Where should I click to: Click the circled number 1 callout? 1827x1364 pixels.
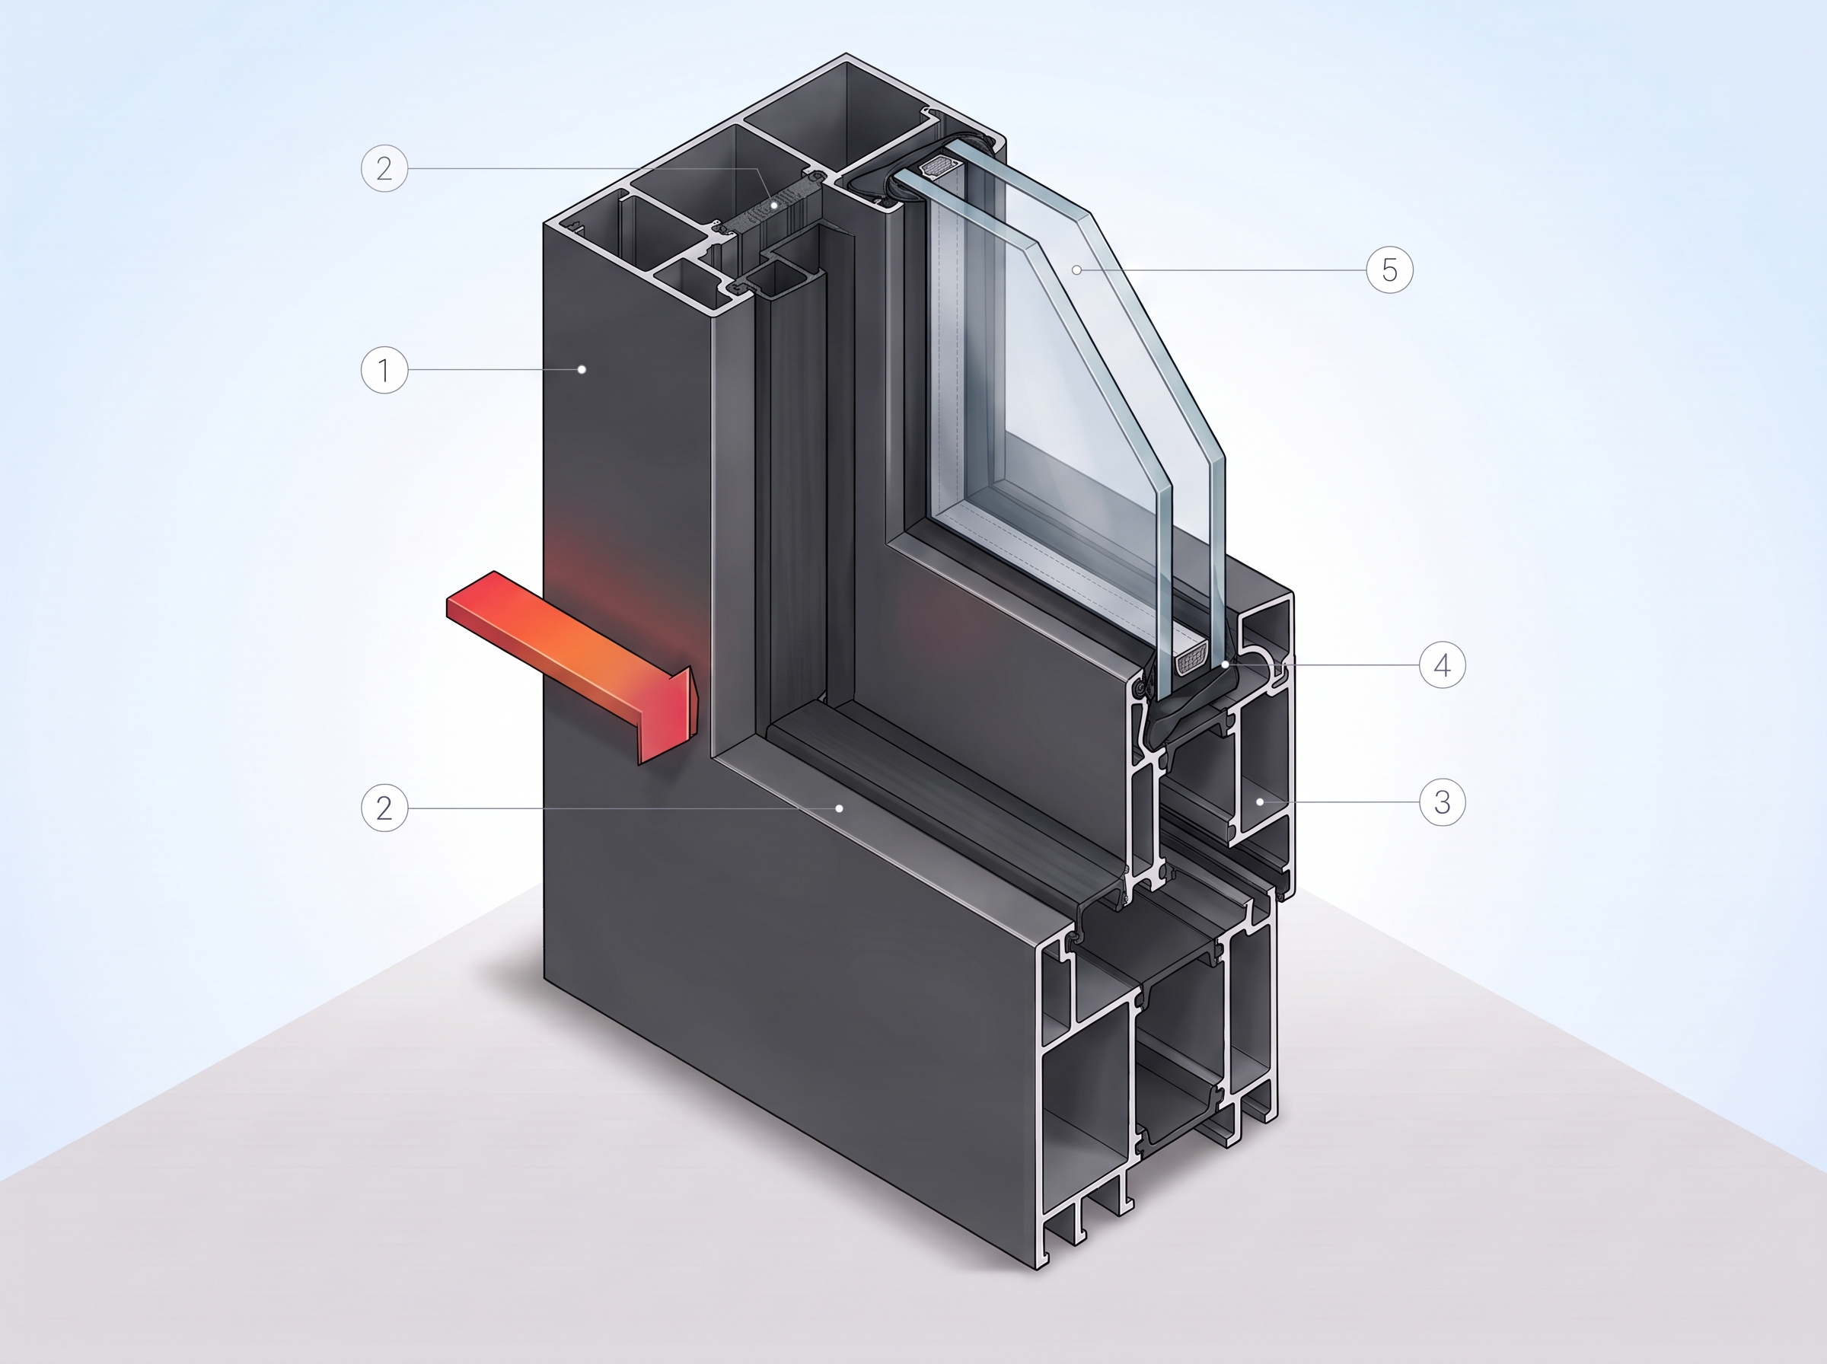pyautogui.click(x=384, y=370)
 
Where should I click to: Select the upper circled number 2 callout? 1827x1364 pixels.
pyautogui.click(x=384, y=168)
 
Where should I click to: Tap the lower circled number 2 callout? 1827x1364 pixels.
pyautogui.click(x=384, y=808)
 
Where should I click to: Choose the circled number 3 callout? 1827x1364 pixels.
pyautogui.click(x=1443, y=802)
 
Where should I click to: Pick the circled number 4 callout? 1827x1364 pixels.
pyautogui.click(x=1443, y=665)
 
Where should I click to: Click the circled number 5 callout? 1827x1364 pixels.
pyautogui.click(x=1389, y=270)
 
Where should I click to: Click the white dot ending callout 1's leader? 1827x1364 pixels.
pyautogui.click(x=582, y=370)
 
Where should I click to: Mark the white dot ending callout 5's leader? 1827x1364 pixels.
pyautogui.click(x=1076, y=270)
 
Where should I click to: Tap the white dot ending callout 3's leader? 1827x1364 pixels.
pyautogui.click(x=1261, y=802)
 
